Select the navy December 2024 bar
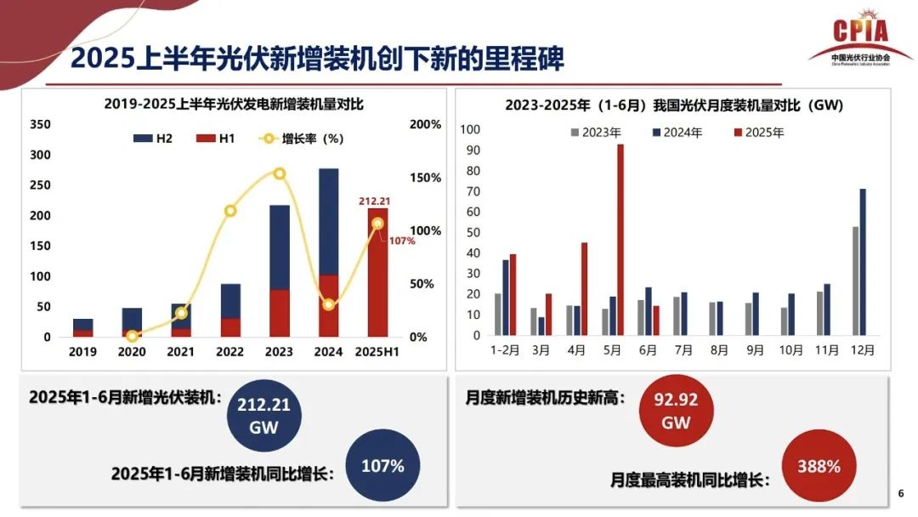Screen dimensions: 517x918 [x=863, y=263]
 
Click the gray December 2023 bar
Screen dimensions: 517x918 [x=855, y=281]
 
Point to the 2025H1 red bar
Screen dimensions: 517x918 [x=378, y=272]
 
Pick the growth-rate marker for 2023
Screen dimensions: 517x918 [x=280, y=173]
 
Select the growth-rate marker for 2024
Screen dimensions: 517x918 [x=329, y=304]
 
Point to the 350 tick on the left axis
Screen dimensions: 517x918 [x=41, y=124]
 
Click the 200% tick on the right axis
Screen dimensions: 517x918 [x=426, y=124]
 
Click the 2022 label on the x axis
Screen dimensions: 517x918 [x=229, y=351]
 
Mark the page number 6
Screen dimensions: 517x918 [x=900, y=494]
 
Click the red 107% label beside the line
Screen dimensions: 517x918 [x=402, y=241]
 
